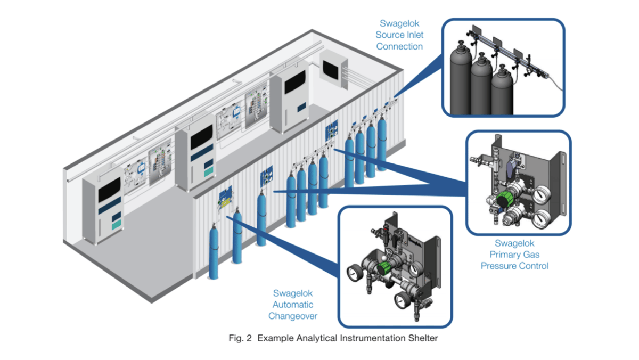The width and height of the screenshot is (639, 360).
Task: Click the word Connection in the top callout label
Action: tap(399, 46)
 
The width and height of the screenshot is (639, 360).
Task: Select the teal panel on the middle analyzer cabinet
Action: tap(208, 170)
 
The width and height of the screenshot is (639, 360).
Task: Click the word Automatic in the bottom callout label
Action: tap(293, 305)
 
